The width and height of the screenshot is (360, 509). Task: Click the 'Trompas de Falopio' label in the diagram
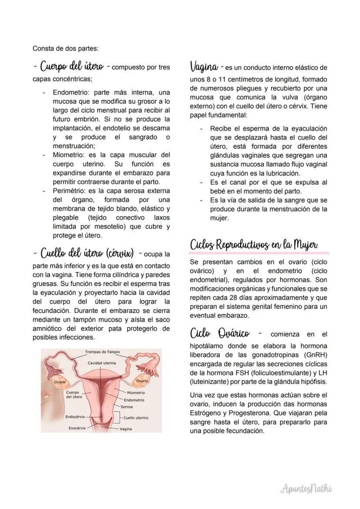[x=102, y=352]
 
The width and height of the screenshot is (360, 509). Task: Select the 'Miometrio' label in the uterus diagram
[x=136, y=393]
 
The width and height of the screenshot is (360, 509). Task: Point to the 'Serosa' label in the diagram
[x=127, y=407]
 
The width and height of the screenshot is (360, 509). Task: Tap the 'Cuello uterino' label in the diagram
[x=136, y=418]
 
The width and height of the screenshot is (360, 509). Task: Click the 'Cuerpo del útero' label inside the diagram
[x=74, y=394]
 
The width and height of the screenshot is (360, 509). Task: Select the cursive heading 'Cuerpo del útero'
[x=72, y=67]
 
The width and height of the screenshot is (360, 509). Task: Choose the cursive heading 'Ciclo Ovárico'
[x=220, y=334]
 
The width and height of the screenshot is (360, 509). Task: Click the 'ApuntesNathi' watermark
[x=307, y=489]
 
